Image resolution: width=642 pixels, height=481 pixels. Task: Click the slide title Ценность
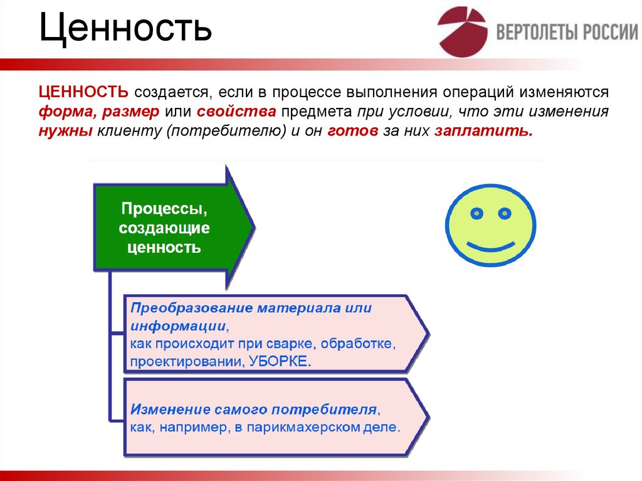click(x=125, y=30)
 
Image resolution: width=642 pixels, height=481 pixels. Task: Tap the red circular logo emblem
click(x=462, y=32)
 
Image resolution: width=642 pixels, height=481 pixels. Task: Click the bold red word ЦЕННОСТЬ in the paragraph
click(x=84, y=92)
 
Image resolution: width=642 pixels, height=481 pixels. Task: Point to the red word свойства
click(x=236, y=112)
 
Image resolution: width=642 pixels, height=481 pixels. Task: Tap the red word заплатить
click(x=482, y=132)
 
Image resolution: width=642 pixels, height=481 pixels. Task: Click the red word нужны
click(x=65, y=132)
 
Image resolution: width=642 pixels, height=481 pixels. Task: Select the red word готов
click(x=352, y=132)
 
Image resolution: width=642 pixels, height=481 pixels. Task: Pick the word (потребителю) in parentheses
click(x=218, y=132)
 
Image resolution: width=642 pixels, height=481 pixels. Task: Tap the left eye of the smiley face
click(x=477, y=213)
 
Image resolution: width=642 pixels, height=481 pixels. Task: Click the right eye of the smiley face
click(x=503, y=213)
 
